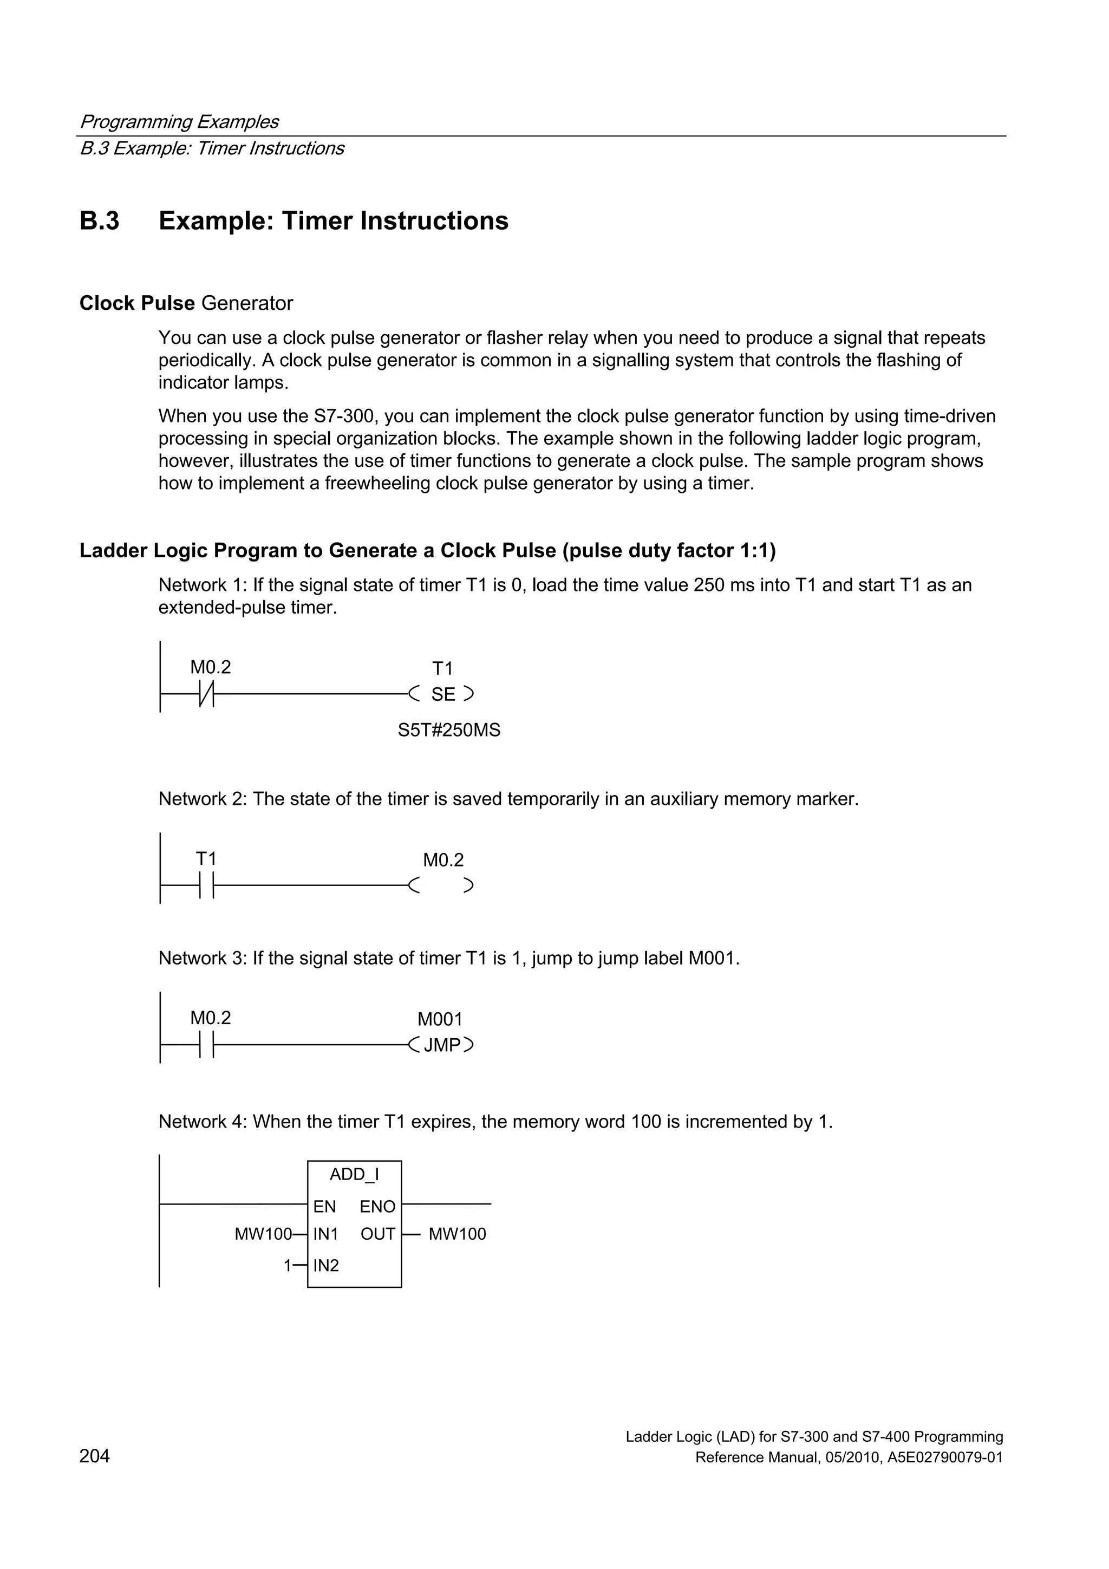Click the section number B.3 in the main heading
[x=99, y=222]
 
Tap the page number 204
[x=94, y=1456]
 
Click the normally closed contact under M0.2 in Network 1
[x=206, y=694]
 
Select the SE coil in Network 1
[x=442, y=694]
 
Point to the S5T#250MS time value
[x=449, y=731]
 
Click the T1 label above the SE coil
[x=442, y=668]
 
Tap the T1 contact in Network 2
[x=206, y=885]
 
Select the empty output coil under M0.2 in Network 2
[x=441, y=886]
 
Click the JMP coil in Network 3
[x=441, y=1045]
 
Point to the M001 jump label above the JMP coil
[x=440, y=1020]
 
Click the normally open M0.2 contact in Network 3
[x=206, y=1045]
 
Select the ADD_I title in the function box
[x=354, y=1175]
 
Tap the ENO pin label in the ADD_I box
[x=377, y=1207]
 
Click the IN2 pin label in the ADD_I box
[x=326, y=1266]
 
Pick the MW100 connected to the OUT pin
[x=457, y=1234]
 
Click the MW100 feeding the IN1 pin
[x=263, y=1234]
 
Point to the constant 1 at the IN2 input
[x=288, y=1266]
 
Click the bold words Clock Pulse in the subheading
[x=136, y=303]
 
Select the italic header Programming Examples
[x=179, y=122]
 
